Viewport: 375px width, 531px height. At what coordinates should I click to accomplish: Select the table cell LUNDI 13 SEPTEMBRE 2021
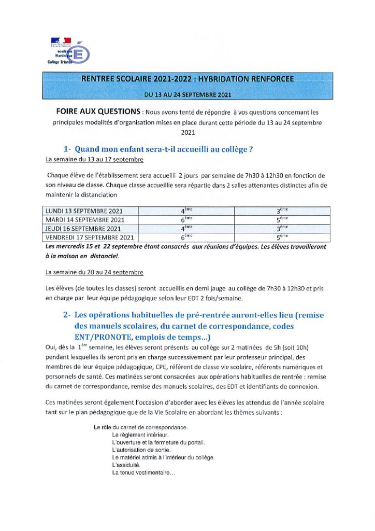82,212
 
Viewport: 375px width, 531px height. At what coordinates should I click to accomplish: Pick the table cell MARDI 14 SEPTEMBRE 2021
83,220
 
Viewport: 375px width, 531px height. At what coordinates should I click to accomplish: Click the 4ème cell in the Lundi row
186,212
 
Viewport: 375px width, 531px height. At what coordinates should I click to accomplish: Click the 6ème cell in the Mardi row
186,220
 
